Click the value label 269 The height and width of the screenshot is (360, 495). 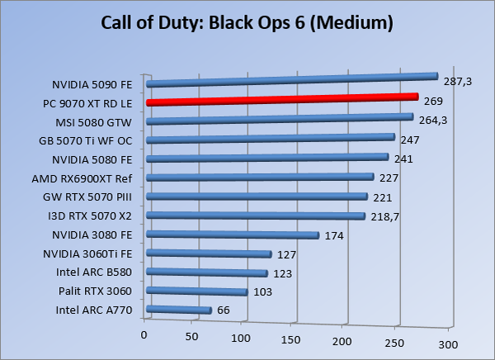434,101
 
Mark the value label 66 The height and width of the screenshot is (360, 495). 223,310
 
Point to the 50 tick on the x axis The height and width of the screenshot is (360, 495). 193,337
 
